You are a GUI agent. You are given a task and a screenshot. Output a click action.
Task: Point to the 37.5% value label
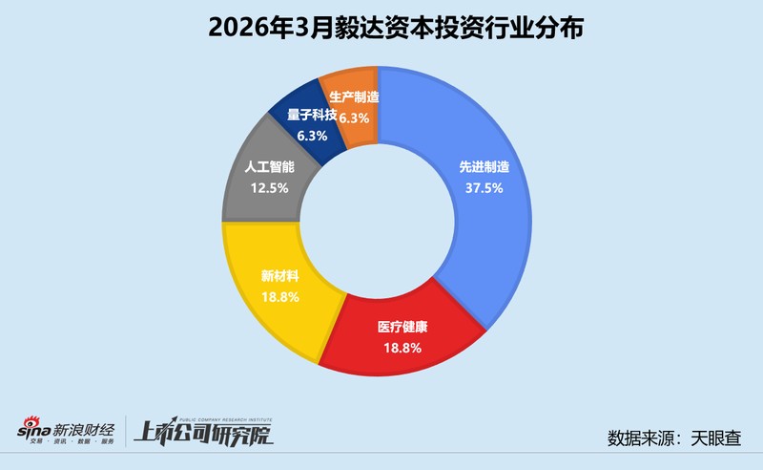tap(482, 187)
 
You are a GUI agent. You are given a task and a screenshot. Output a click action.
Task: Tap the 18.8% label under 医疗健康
tap(401, 347)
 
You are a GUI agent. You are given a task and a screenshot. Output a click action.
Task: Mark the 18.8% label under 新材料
tap(279, 297)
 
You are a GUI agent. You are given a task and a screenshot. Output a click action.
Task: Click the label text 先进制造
tap(483, 167)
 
